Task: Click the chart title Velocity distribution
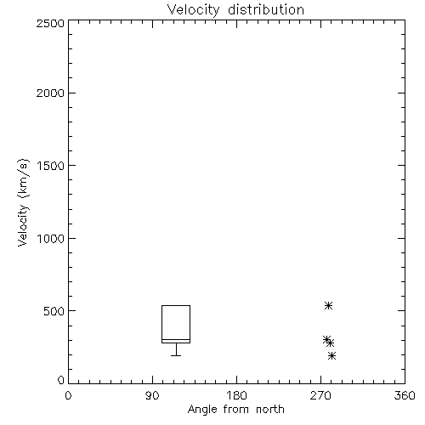[235, 9]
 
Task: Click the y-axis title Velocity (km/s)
[23, 202]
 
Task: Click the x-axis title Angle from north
[235, 410]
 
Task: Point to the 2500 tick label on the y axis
[50, 23]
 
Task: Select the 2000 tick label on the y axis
[50, 93]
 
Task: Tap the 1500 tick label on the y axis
[51, 166]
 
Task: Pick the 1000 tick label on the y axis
[51, 238]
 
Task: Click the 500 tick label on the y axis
[54, 311]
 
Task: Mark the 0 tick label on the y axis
[61, 380]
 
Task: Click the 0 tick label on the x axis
[68, 395]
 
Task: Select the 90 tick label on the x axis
[152, 395]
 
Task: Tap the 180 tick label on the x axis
[236, 395]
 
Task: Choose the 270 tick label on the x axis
[320, 395]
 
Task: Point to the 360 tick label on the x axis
[405, 395]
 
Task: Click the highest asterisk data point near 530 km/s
[328, 305]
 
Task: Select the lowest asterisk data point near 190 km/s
[331, 355]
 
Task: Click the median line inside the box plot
[176, 339]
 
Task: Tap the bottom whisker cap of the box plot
[176, 355]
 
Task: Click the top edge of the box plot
[176, 305]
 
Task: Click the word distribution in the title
[266, 9]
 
